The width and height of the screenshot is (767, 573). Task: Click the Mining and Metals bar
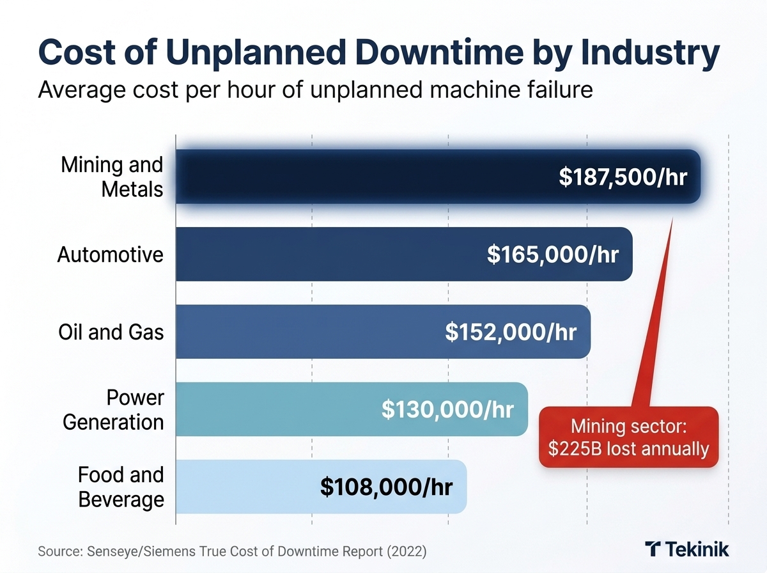pyautogui.click(x=358, y=177)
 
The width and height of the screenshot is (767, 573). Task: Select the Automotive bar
pyautogui.click(x=320, y=254)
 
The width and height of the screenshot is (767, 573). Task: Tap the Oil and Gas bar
pyautogui.click(x=300, y=332)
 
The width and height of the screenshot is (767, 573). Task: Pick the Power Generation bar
pyautogui.click(x=268, y=409)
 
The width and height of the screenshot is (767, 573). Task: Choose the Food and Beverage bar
pyautogui.click(x=243, y=487)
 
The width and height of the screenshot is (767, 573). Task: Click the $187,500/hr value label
pyautogui.click(x=623, y=177)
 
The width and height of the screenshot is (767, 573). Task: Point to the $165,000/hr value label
pyautogui.click(x=553, y=255)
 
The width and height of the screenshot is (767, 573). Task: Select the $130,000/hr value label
pyautogui.click(x=447, y=410)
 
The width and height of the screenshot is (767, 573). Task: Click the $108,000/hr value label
pyautogui.click(x=386, y=487)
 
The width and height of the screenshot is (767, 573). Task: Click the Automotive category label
pyautogui.click(x=111, y=255)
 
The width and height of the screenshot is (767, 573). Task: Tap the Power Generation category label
pyautogui.click(x=114, y=410)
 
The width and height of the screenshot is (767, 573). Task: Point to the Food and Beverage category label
pyautogui.click(x=121, y=487)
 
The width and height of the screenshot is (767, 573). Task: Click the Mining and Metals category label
pyautogui.click(x=112, y=177)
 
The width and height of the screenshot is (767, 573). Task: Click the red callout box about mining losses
pyautogui.click(x=628, y=437)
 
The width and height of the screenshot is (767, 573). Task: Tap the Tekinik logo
pyautogui.click(x=687, y=549)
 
